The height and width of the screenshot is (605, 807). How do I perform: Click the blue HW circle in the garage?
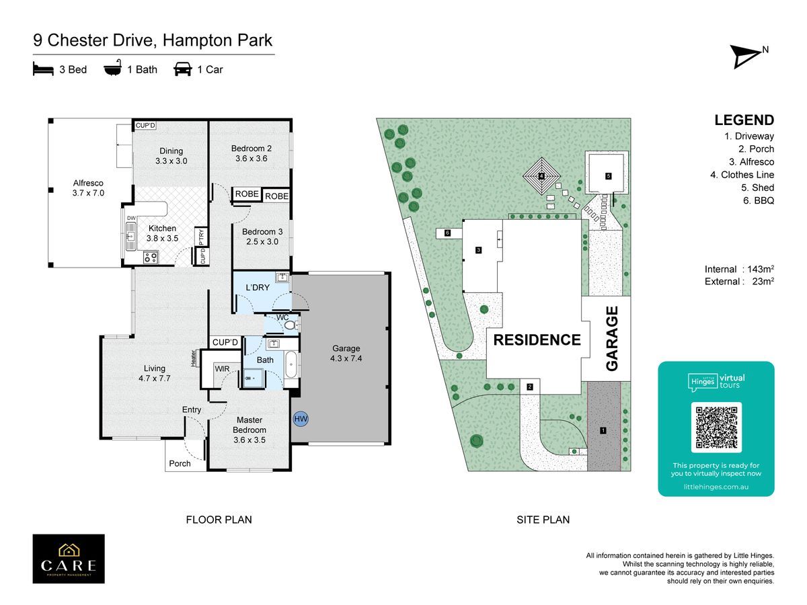pos(301,418)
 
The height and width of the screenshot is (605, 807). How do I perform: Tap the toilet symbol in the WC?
pos(291,325)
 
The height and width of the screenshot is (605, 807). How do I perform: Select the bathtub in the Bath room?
pos(291,364)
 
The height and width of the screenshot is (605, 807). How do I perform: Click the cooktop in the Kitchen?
pos(151,257)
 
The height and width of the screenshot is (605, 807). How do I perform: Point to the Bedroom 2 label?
pos(251,153)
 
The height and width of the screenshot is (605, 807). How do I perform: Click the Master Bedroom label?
pos(249,430)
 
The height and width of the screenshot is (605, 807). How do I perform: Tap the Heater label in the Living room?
pos(194,358)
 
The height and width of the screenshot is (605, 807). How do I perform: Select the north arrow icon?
pos(746,57)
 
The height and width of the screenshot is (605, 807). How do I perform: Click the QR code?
pos(716,428)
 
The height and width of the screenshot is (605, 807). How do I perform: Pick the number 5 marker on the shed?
pos(608,176)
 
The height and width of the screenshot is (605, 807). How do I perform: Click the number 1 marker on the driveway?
pos(603,430)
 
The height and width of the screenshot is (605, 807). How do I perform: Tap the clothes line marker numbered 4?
pos(541,176)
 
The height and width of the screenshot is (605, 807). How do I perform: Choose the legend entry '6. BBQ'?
pos(758,200)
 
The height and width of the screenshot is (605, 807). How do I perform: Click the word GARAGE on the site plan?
pos(611,338)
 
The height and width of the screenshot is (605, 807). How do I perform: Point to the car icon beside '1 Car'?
pos(183,69)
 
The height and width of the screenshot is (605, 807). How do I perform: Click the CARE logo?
pos(69,559)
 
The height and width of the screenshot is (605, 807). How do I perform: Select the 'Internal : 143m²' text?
pos(739,269)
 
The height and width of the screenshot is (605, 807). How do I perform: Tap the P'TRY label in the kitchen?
pos(201,237)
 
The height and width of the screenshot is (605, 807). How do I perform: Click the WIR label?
pos(222,368)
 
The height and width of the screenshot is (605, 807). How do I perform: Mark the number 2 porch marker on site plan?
pos(529,387)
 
